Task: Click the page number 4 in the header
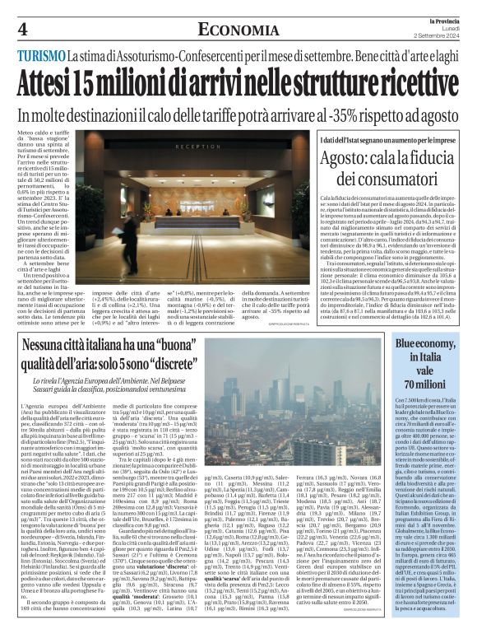pyautogui.click(x=22, y=30)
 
